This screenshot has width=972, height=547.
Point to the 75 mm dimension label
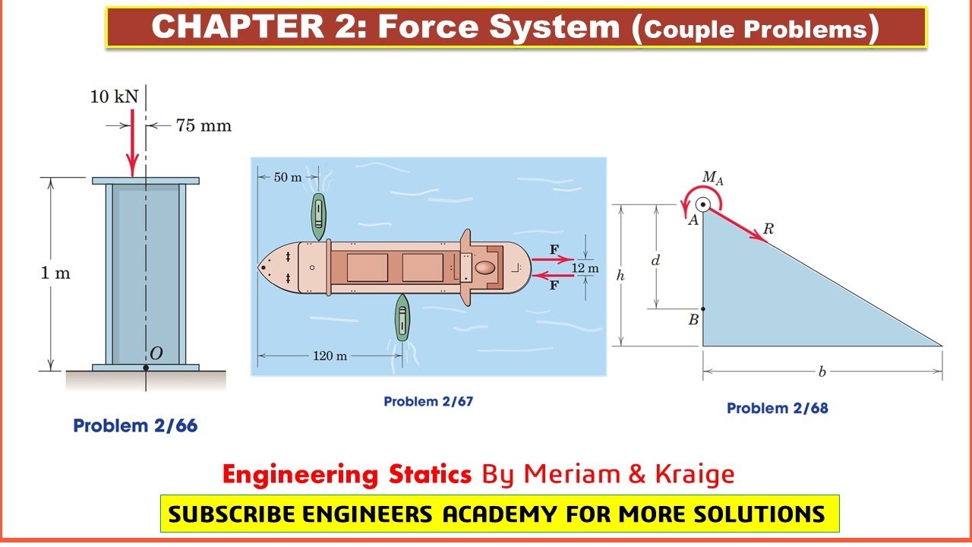tap(204, 125)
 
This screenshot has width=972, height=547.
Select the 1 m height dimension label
tap(55, 273)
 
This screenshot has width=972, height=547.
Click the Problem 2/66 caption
tap(135, 426)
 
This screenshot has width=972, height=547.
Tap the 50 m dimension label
tap(287, 177)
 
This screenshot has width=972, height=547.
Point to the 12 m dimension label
tap(585, 268)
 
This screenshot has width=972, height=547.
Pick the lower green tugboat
tap(402, 317)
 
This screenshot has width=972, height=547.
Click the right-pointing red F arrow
tap(552, 259)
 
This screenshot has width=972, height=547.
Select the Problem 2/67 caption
tap(428, 401)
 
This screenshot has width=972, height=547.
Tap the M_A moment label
tap(712, 179)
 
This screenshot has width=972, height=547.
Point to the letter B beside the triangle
tap(693, 320)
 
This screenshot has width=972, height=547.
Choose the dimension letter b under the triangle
tap(822, 372)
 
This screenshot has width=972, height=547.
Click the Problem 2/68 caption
tap(777, 408)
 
